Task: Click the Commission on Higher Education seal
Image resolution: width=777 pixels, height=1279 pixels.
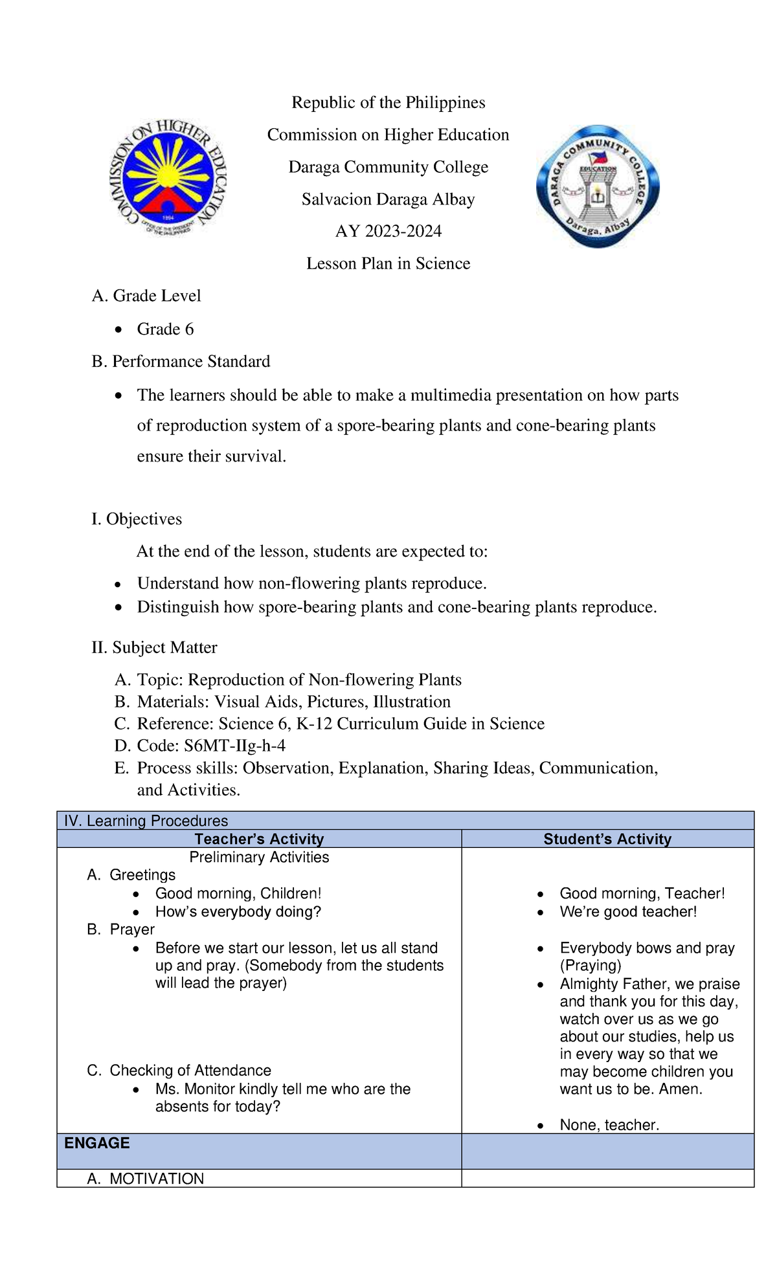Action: tap(168, 177)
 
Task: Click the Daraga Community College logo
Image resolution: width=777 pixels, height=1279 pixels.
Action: tap(598, 185)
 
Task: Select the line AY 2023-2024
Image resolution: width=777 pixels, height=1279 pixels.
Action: tap(388, 231)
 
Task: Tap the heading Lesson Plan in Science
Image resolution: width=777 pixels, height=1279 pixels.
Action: tap(388, 263)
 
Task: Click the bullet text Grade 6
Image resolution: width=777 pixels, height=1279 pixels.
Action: tap(165, 329)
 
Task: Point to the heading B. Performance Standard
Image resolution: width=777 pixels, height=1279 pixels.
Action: tap(181, 361)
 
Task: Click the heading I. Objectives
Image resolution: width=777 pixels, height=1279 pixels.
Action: tap(137, 518)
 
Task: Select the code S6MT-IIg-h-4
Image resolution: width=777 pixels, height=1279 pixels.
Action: tap(234, 746)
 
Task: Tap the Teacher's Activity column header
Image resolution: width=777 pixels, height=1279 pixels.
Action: tap(259, 839)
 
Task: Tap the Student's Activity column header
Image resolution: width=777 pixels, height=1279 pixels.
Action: tap(607, 839)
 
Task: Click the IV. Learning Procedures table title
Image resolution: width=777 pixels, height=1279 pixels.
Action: tap(146, 821)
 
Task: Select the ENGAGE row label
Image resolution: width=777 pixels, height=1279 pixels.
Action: tap(97, 1143)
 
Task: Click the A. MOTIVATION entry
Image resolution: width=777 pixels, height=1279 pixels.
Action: tap(146, 1179)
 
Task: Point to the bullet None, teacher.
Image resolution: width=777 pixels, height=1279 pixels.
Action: tap(609, 1125)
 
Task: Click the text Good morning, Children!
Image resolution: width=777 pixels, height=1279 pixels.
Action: tap(238, 893)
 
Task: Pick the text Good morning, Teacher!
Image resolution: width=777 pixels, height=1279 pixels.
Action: tap(642, 893)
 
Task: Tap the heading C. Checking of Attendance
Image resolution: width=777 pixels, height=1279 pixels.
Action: tap(179, 1071)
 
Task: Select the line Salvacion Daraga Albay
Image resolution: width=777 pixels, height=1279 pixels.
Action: tap(388, 199)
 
